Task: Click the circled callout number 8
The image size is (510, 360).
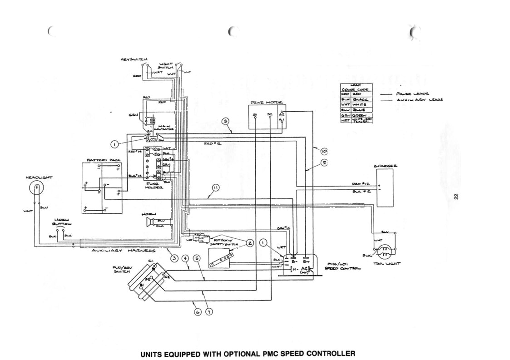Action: click(226, 121)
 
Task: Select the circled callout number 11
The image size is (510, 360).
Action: click(215, 187)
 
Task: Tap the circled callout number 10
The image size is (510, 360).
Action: click(323, 151)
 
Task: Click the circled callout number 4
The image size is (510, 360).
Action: click(185, 258)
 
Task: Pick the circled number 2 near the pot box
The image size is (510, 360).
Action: click(250, 243)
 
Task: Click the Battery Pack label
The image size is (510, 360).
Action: click(104, 161)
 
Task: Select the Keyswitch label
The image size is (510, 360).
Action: click(134, 59)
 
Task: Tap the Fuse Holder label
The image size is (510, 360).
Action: click(152, 185)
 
